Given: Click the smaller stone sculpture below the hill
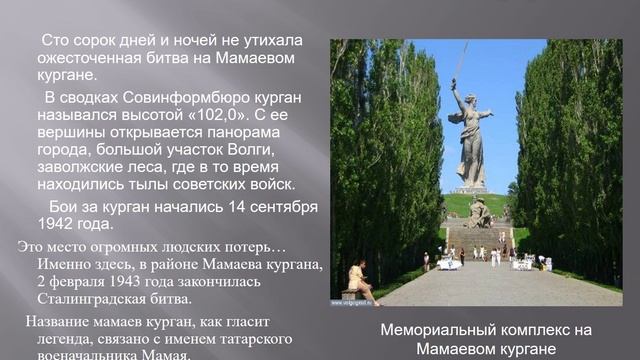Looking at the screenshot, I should [x=479, y=212].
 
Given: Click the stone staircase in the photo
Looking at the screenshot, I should [x=477, y=241].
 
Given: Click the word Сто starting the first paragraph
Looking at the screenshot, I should [x=57, y=40].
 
